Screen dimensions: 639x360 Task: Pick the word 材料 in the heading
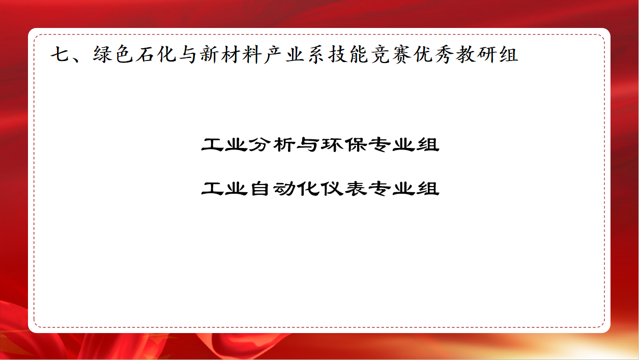[241, 54]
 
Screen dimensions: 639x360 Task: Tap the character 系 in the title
[316, 54]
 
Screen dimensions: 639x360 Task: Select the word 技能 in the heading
[348, 54]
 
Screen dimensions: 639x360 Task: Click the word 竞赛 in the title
[391, 54]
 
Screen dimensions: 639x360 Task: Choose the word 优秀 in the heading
[433, 54]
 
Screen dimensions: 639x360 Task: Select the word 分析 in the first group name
[272, 144]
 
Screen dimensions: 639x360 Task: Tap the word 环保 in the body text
[344, 144]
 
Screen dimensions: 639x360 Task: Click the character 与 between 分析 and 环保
[308, 144]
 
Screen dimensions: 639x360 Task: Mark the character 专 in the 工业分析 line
[380, 144]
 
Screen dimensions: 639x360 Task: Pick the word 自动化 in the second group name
[284, 189]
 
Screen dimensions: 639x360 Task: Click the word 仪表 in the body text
[344, 189]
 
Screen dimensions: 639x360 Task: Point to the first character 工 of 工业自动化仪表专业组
[213, 189]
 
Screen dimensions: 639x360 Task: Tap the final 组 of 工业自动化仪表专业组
[428, 189]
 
